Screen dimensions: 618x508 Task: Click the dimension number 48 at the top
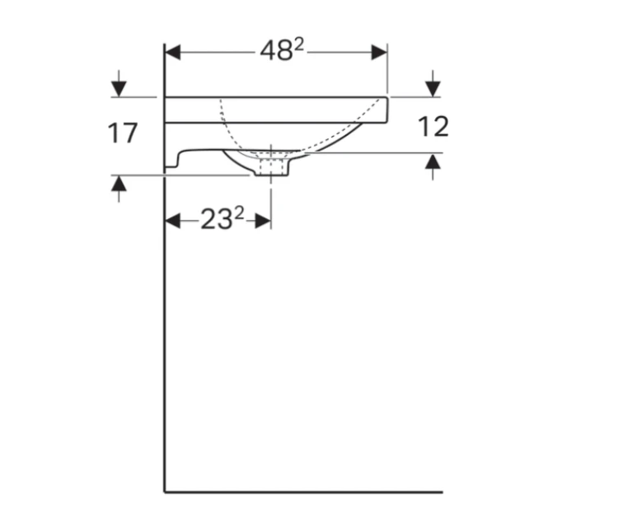point(276,51)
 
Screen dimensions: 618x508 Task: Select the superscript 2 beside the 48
point(299,45)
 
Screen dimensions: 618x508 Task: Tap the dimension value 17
point(123,133)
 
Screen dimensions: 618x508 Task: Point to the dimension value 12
point(433,127)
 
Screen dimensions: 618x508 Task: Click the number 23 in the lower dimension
point(217,219)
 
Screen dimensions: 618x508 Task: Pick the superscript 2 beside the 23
point(239,213)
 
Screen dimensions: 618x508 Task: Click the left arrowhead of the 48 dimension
point(173,52)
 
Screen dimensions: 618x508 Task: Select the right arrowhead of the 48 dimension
point(379,52)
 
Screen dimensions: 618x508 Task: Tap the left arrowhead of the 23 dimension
point(173,221)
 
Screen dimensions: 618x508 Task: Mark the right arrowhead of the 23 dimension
point(263,221)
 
